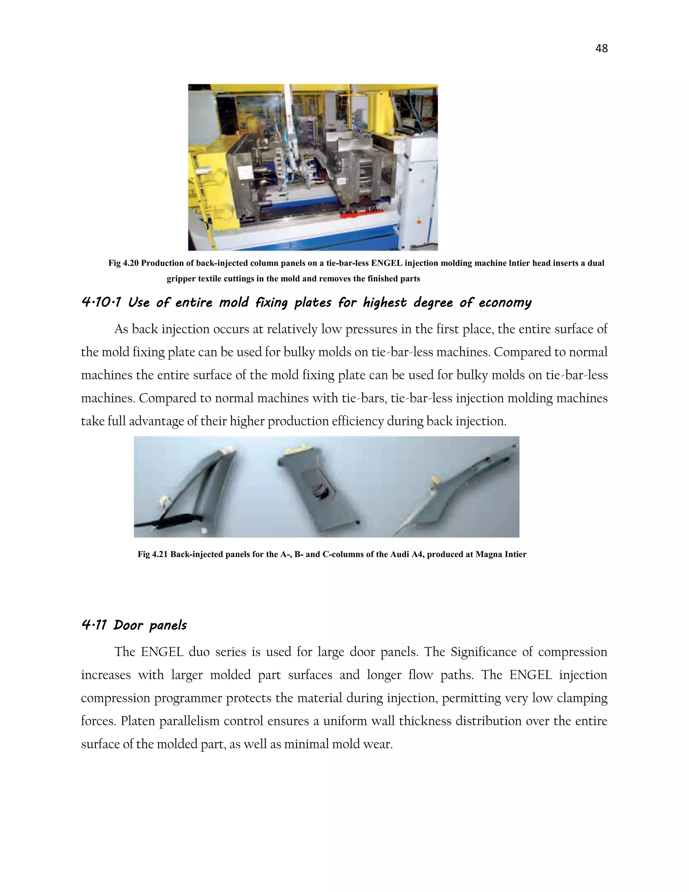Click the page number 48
[601, 48]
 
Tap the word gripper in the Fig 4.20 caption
[180, 279]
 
